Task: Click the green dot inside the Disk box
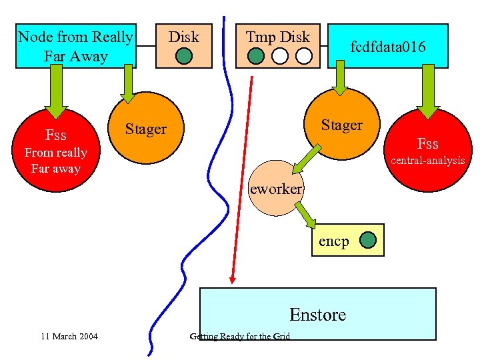point(184,56)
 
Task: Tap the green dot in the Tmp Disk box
point(255,56)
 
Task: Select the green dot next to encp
point(367,240)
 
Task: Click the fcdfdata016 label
point(388,47)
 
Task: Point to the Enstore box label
point(318,315)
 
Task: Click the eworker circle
point(276,188)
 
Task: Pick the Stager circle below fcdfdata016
point(341,124)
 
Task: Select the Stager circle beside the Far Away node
point(146,128)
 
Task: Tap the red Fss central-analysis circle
point(428,150)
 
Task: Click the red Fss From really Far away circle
point(56,150)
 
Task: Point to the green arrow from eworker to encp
point(305,215)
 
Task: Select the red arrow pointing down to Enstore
point(242,180)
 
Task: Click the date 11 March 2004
point(69,337)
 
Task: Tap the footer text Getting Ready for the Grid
point(240,337)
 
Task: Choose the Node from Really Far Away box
point(76,46)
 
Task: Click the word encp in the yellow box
point(334,241)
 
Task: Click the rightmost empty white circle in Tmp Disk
point(304,56)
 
